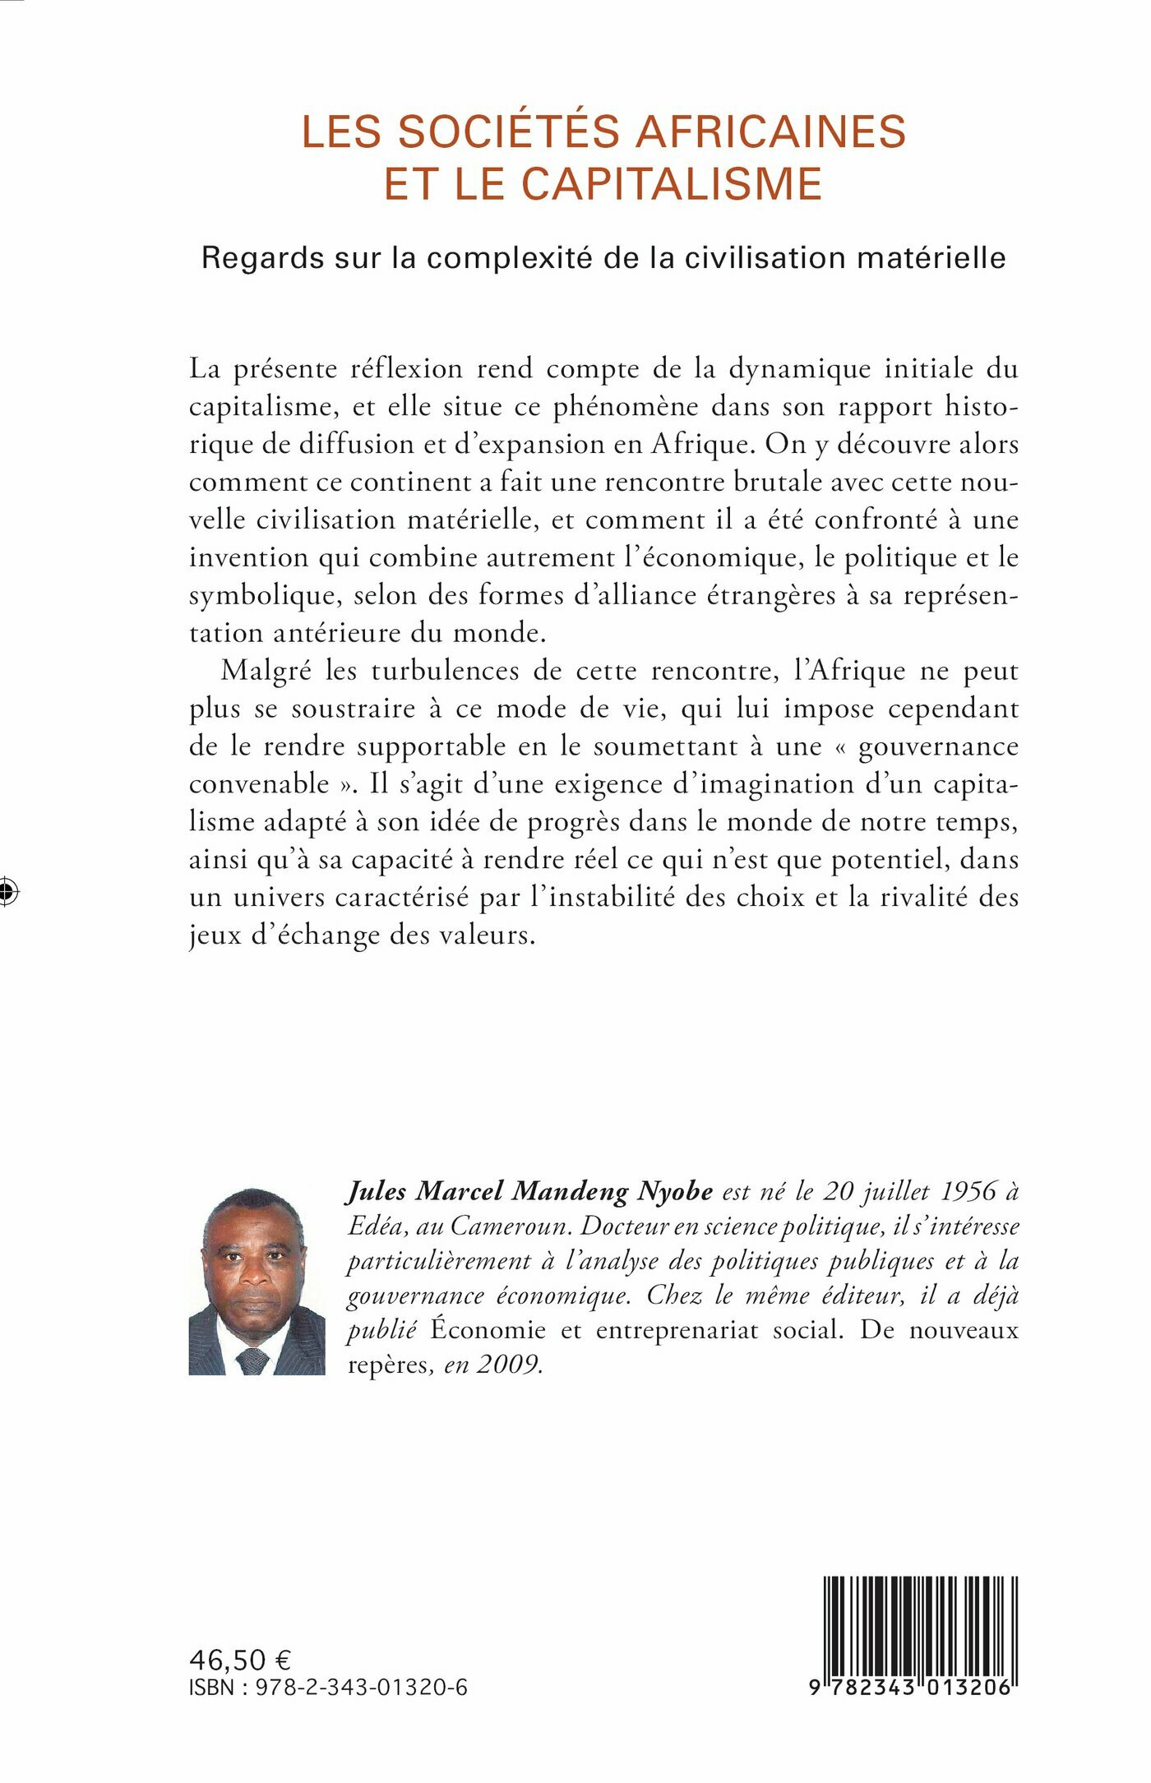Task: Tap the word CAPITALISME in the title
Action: (x=672, y=183)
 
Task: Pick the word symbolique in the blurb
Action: (x=261, y=595)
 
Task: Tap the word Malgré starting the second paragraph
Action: (x=266, y=671)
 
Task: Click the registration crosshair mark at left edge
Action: (x=8, y=890)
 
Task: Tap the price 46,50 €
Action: (x=241, y=1661)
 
